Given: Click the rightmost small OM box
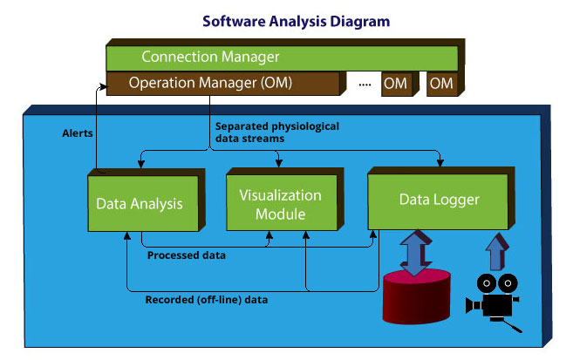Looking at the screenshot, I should point(442,84).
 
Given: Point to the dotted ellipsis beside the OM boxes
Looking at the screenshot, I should point(365,85).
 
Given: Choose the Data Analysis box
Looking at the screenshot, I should point(140,204).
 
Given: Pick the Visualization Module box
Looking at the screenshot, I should point(280,204).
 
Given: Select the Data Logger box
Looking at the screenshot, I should point(438,200).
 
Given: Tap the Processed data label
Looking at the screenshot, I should point(187,255).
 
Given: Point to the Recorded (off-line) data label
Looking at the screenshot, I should point(206,300).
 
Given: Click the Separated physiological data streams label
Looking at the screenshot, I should point(276,132).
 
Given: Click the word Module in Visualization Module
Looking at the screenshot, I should point(280,214).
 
